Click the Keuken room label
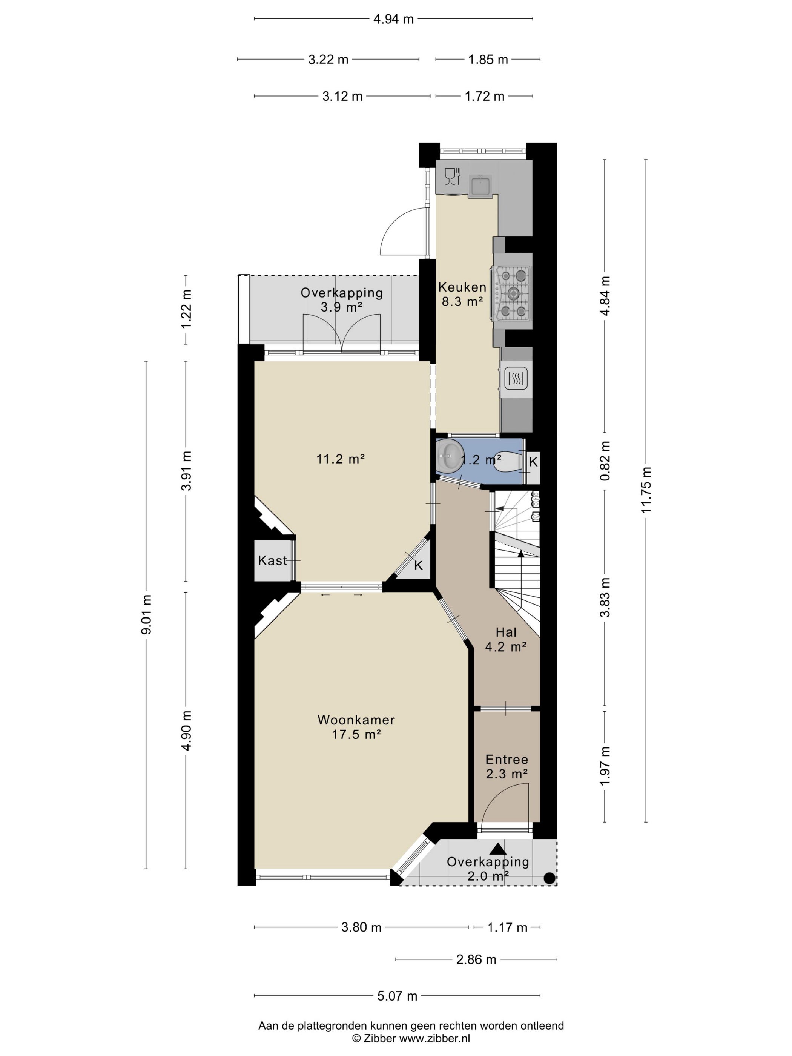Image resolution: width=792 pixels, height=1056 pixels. click(x=462, y=287)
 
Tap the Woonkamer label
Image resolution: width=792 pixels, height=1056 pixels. click(x=356, y=720)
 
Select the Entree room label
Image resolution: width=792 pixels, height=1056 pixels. click(x=507, y=759)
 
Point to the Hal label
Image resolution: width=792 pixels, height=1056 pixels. click(x=506, y=632)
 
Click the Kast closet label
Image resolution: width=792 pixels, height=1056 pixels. click(x=273, y=560)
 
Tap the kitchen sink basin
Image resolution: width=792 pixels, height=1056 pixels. click(x=481, y=186)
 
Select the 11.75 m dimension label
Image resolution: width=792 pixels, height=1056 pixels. click(x=646, y=490)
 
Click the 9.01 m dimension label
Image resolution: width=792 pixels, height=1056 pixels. click(x=147, y=614)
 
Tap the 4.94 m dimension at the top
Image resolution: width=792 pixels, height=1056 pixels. click(x=393, y=19)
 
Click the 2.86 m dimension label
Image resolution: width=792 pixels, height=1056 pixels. click(x=476, y=959)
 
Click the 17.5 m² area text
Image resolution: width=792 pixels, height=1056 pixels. click(x=356, y=734)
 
